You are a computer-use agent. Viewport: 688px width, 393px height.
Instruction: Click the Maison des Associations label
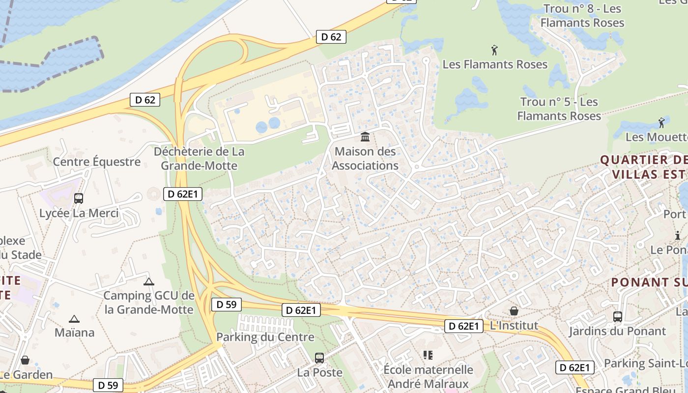point(365,159)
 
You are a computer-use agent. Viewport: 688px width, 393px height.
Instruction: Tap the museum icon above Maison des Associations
point(365,137)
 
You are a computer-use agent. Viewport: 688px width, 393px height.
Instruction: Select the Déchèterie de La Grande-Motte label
point(199,159)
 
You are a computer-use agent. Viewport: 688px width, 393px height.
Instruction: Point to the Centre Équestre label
point(96,162)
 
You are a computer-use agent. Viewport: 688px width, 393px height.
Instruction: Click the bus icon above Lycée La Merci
point(78,198)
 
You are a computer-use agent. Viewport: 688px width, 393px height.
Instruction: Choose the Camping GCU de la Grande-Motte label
point(149,303)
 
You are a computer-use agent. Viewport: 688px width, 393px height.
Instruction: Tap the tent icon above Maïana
point(74,319)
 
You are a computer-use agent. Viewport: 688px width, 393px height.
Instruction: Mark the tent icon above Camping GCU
point(149,282)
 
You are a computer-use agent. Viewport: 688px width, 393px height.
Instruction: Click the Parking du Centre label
point(265,337)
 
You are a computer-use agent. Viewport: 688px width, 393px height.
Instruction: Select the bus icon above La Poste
point(319,358)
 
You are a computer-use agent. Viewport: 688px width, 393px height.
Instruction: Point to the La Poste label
point(319,372)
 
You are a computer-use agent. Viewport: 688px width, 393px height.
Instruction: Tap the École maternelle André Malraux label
point(428,376)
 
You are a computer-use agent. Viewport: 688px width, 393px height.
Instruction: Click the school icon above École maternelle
point(428,355)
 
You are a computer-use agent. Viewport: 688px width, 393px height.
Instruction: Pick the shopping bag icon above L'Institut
point(514,311)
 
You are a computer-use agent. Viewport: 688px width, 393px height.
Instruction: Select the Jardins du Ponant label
point(617,331)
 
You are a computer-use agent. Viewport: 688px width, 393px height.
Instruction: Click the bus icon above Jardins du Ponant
point(618,317)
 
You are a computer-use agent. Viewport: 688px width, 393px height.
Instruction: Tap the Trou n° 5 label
point(559,109)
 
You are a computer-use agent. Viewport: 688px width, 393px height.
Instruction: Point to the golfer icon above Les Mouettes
point(661,122)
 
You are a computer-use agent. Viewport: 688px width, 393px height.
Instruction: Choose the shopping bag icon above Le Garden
point(25,360)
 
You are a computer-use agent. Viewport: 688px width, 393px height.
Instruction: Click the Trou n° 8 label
point(582,16)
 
